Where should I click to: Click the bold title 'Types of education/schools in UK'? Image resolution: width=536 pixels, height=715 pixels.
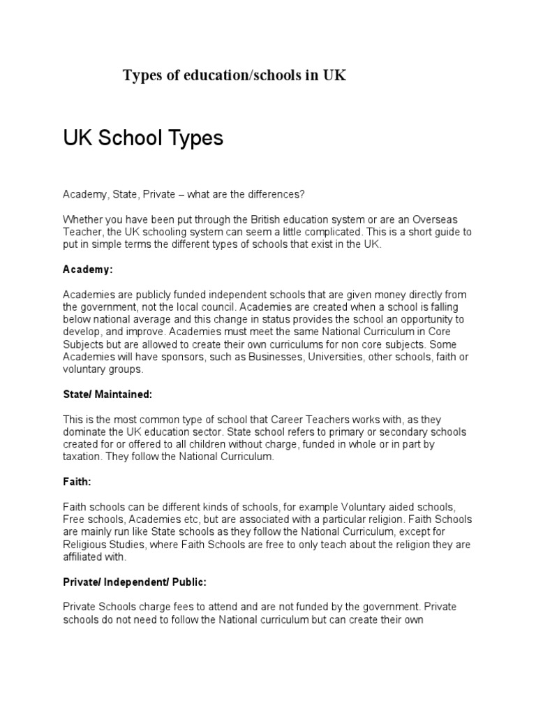coord(234,75)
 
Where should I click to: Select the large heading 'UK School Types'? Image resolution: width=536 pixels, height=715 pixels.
coord(143,138)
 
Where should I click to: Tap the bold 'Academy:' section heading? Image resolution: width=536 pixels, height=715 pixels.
coord(87,269)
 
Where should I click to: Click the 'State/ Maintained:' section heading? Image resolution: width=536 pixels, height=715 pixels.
coord(107,395)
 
